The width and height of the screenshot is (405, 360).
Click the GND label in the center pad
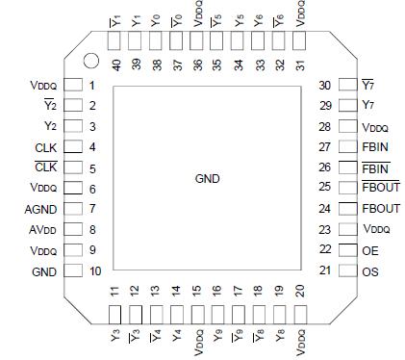tap(208, 179)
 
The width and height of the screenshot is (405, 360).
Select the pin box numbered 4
tap(72, 147)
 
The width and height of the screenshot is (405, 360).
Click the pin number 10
tap(95, 271)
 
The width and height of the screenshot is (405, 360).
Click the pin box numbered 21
tap(345, 271)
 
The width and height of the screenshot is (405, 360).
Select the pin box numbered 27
tap(345, 147)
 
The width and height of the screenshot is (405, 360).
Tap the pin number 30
tap(325, 85)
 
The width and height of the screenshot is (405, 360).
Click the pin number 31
tap(300, 64)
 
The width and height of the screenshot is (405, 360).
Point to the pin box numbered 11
tap(114, 314)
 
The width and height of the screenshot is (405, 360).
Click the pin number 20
tap(300, 292)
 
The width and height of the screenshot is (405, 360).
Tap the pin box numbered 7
tap(72, 209)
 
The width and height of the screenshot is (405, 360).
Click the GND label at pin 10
tap(43, 271)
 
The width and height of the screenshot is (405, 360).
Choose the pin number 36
tap(196, 64)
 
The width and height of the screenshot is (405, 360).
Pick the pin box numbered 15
tap(196, 314)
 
